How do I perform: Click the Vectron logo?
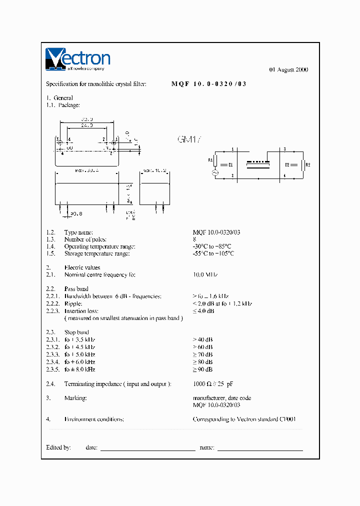tap(77, 59)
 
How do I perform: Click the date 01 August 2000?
tap(289, 69)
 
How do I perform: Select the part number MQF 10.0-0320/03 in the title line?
tap(209, 84)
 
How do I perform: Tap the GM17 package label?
tap(189, 140)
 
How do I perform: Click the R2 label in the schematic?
tap(307, 164)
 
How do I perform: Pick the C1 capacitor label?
tap(230, 164)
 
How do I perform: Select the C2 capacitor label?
tap(287, 164)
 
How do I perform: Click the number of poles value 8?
tap(194, 239)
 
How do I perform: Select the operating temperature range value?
tap(212, 246)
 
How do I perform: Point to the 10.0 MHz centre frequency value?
tap(205, 275)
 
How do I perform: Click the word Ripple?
tap(73, 304)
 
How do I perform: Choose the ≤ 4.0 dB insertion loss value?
tap(203, 311)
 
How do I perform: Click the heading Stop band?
tap(76, 332)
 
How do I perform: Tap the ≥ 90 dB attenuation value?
tap(203, 369)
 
